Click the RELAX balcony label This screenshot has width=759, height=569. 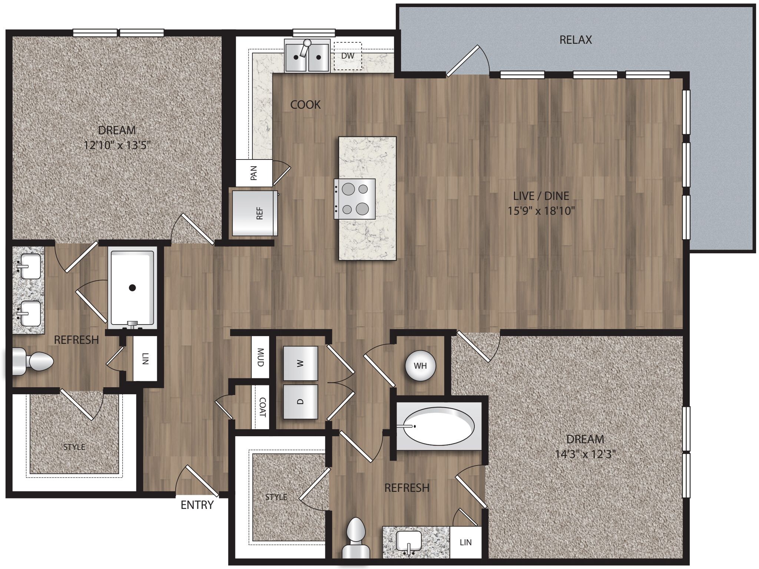tap(575, 40)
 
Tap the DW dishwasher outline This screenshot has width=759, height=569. tap(347, 56)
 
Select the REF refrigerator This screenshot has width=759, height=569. tap(255, 213)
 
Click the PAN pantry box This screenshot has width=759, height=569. tap(254, 173)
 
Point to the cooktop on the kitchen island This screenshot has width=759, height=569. tap(355, 199)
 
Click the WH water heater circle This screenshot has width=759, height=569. tap(420, 366)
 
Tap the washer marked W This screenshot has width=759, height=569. tap(301, 363)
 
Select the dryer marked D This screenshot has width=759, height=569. tap(301, 402)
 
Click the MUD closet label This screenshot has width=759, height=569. tap(260, 357)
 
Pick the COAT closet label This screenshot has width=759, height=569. tap(262, 407)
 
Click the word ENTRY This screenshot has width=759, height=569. tap(197, 505)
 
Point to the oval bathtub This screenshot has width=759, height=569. tap(438, 427)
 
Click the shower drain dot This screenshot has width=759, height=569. tap(132, 287)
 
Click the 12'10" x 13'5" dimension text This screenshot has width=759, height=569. tap(117, 145)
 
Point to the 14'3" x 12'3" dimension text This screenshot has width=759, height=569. tap(585, 454)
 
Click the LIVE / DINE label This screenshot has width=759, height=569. tap(541, 195)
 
